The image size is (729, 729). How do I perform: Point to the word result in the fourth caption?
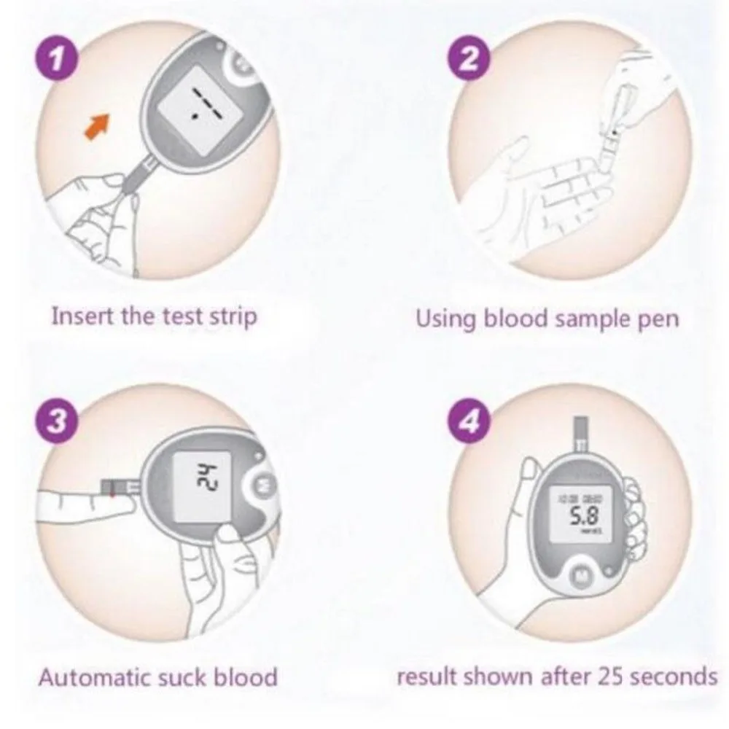point(420,676)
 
